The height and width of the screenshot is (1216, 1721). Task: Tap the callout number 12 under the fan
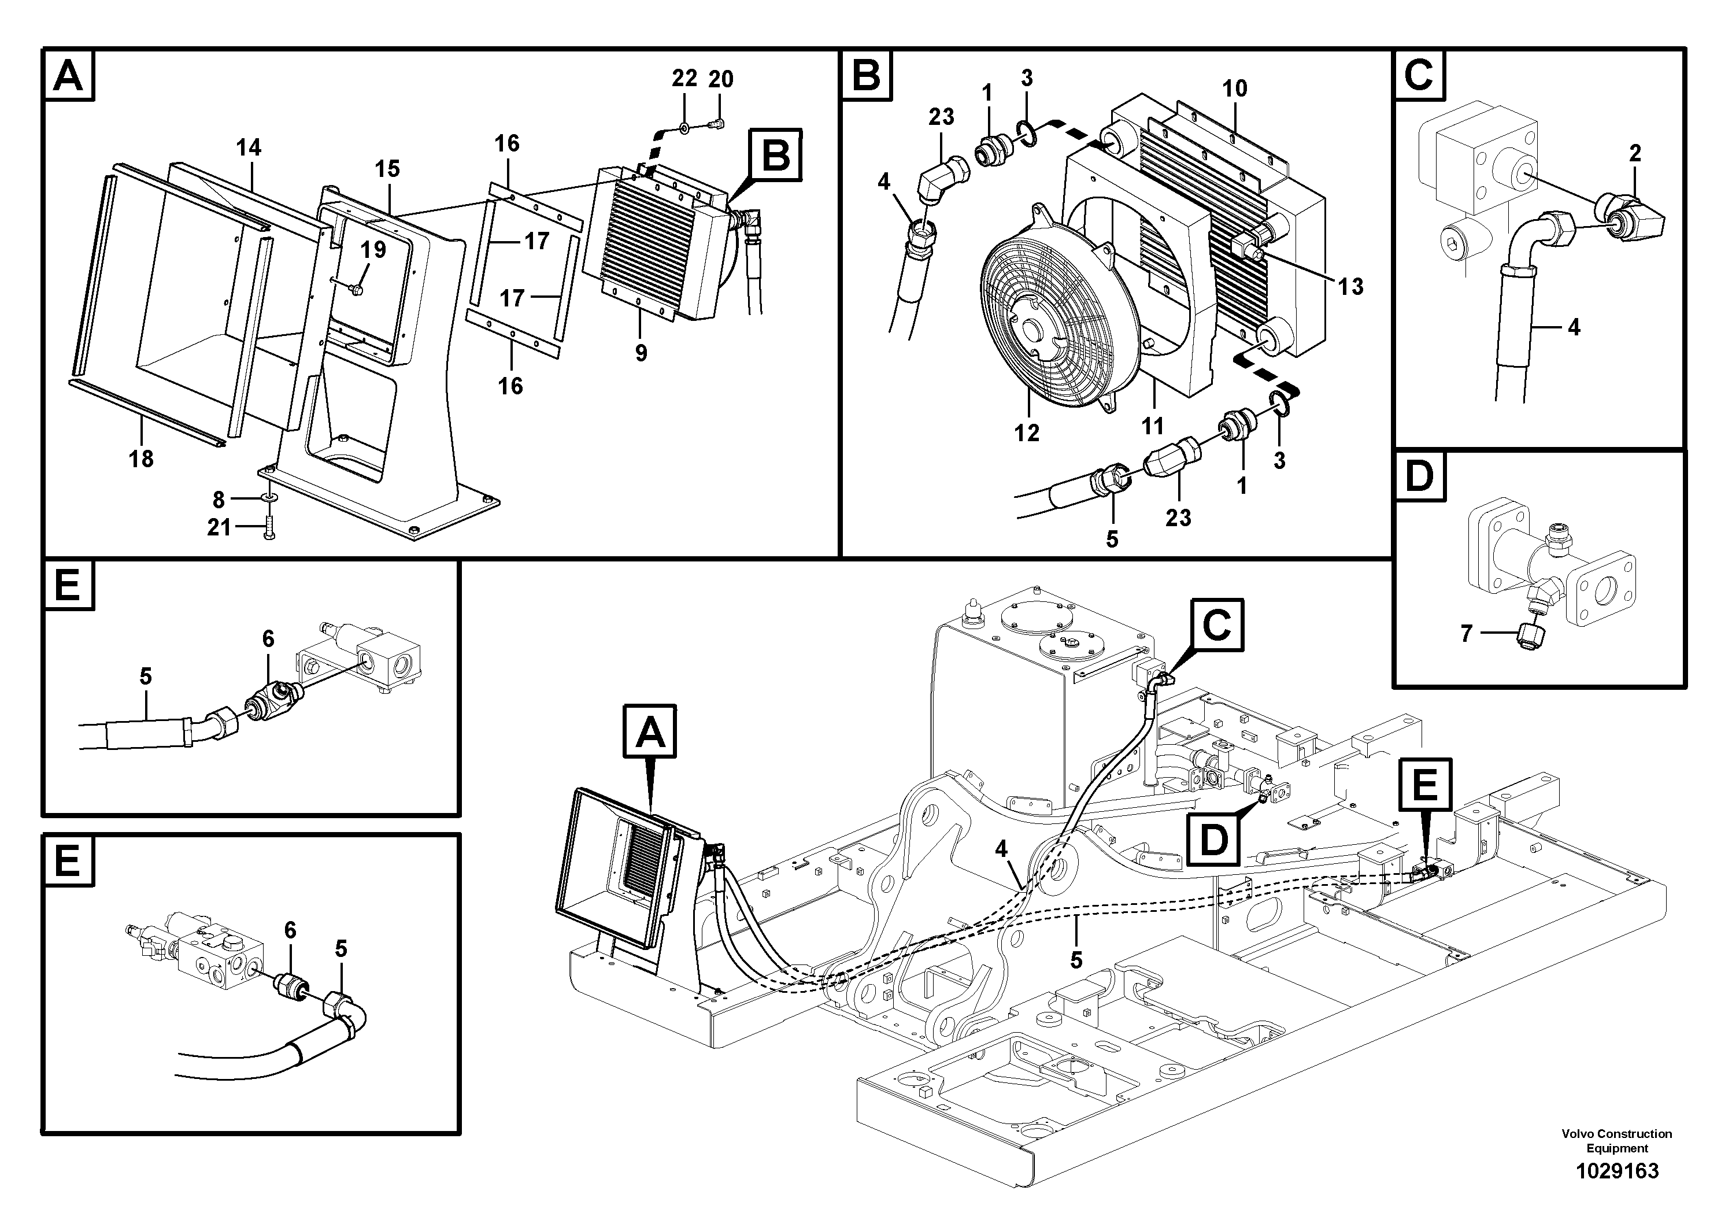pos(1026,433)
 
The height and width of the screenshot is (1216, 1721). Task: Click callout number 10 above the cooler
pos(1235,88)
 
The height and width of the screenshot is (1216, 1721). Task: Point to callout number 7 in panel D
pos(1466,634)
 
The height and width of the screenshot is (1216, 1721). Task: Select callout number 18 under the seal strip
pos(141,458)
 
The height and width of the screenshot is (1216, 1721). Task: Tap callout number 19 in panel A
pos(373,250)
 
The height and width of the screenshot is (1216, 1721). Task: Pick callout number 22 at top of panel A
pos(684,78)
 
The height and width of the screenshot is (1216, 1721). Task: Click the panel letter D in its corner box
pos(1418,477)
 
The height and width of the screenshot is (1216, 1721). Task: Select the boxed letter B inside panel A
pos(776,156)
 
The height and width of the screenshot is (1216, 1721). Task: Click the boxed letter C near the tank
pos(1216,624)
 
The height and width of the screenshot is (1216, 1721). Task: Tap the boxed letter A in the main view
pos(650,731)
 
